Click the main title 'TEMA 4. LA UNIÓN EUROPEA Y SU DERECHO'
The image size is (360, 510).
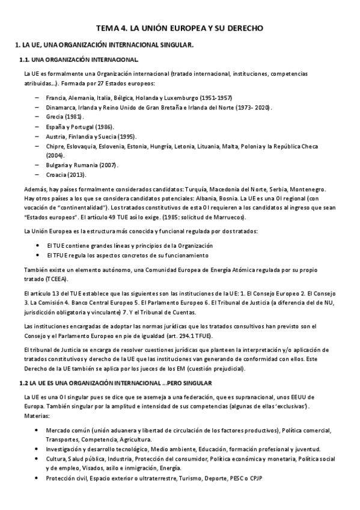coord(180,28)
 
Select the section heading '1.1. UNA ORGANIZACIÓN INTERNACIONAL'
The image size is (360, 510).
coord(79,60)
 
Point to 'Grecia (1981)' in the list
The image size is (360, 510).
coord(65,117)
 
